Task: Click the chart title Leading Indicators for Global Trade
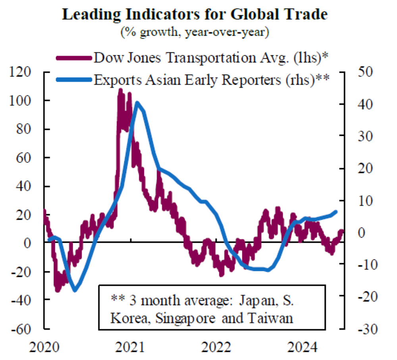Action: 195,15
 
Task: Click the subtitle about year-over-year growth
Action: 195,32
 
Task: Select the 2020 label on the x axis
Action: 43,348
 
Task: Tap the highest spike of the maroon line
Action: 121,91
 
